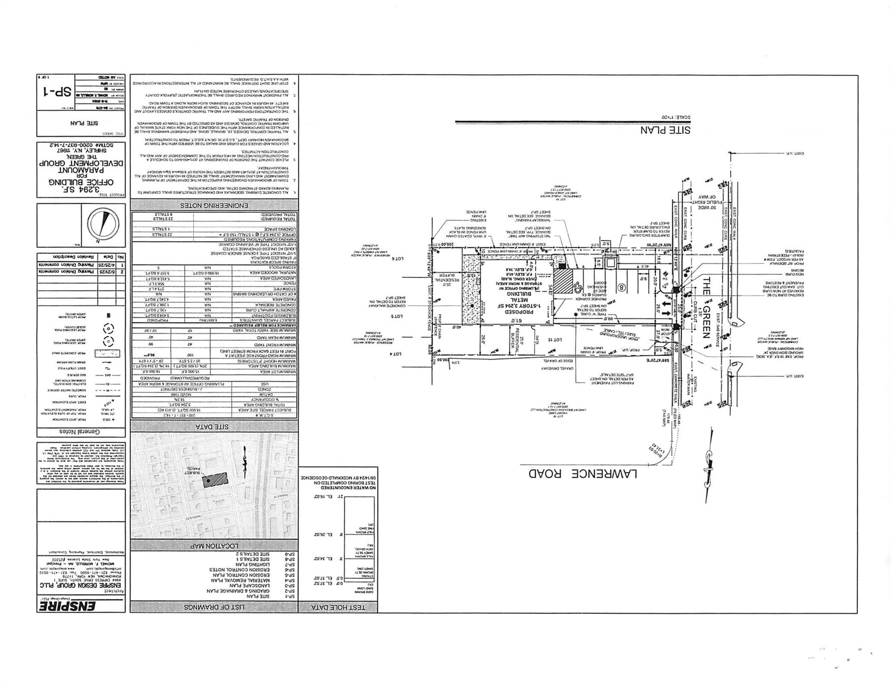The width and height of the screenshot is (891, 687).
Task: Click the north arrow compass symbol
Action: pos(103,225)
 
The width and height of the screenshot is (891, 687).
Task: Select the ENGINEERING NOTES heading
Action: pos(214,206)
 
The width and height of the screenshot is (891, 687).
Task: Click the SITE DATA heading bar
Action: pos(214,426)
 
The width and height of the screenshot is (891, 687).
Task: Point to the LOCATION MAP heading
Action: pos(214,546)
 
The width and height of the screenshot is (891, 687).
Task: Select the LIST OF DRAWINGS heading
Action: pos(214,607)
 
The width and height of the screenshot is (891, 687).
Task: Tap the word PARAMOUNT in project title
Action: pos(81,169)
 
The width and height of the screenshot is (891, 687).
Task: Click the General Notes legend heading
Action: pos(81,432)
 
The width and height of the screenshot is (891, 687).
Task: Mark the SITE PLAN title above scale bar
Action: pos(665,130)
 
